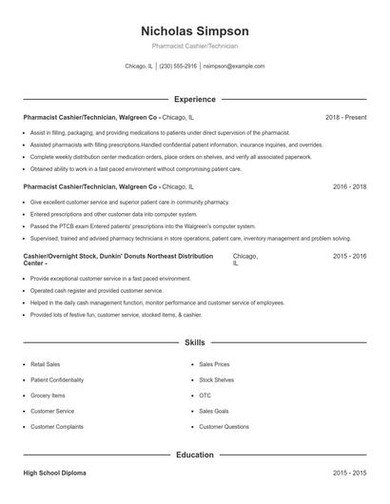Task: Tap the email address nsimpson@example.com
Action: tap(233, 67)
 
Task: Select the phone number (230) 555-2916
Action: tap(178, 67)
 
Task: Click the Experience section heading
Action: tap(195, 99)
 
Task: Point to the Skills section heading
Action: tap(195, 342)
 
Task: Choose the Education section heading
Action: tap(195, 455)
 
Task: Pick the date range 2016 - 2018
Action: tap(349, 187)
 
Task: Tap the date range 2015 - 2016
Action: tap(349, 257)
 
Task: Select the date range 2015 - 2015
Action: tap(349, 473)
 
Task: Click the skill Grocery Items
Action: tap(48, 396)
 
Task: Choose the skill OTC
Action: tap(205, 396)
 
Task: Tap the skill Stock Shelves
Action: tap(217, 379)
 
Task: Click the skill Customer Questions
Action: tap(224, 427)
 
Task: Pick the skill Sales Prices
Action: tap(214, 364)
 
